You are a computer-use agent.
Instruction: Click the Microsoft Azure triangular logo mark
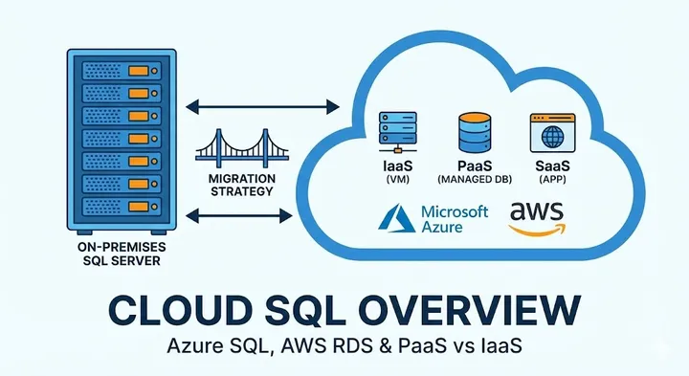[x=395, y=219]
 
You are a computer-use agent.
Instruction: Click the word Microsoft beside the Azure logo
[x=454, y=211]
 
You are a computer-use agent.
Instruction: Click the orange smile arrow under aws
[x=538, y=228]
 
